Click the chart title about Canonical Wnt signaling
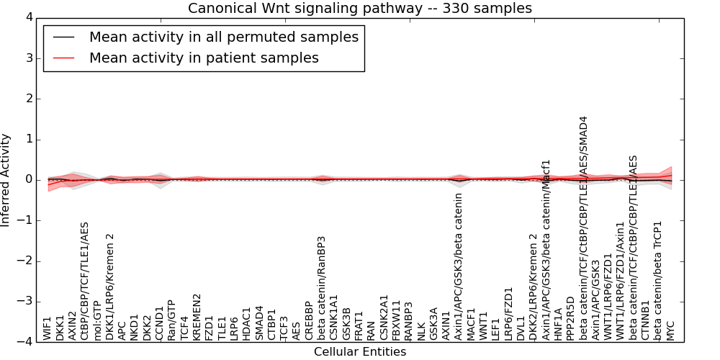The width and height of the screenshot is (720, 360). click(x=360, y=9)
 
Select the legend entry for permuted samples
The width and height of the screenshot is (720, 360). click(x=223, y=37)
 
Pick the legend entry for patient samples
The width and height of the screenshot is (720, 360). click(x=204, y=58)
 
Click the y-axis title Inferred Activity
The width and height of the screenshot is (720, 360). click(x=6, y=179)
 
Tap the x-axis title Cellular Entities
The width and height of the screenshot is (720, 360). click(x=360, y=352)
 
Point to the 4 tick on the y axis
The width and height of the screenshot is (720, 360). click(x=27, y=17)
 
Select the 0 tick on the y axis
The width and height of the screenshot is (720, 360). click(x=27, y=179)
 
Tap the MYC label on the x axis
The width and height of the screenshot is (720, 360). click(x=671, y=330)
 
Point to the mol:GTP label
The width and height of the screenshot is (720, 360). click(x=97, y=322)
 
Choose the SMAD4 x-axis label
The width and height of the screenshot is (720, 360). click(x=259, y=323)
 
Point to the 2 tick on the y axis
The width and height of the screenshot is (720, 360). click(x=27, y=99)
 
